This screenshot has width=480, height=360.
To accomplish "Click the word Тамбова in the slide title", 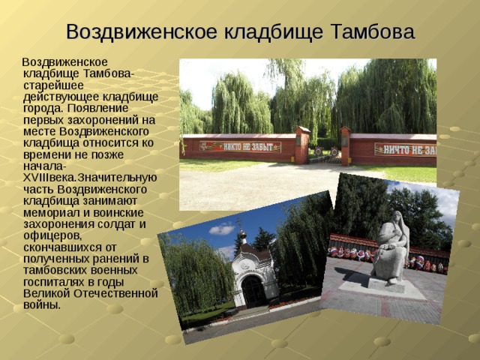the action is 373,31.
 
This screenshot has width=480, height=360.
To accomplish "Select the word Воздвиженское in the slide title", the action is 142,32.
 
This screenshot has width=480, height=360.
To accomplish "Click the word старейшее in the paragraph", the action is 53,85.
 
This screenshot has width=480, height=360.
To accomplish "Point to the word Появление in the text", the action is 98,108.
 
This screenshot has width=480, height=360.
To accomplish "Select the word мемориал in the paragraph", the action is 49,213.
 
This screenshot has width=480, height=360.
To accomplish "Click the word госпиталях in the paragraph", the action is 55,282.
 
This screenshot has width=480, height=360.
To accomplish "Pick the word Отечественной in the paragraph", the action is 116,293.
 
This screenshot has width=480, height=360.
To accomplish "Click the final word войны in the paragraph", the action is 42,305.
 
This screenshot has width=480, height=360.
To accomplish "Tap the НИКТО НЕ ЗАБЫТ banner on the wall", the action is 240,147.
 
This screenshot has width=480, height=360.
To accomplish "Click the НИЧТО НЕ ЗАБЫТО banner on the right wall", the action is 405,150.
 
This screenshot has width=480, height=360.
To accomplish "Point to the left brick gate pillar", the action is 302,145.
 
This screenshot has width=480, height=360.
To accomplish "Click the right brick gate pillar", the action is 346,146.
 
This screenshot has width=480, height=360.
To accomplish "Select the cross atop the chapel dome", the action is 239,222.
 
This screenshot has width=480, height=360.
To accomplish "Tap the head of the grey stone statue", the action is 397,217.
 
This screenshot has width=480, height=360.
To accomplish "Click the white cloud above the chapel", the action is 223,229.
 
